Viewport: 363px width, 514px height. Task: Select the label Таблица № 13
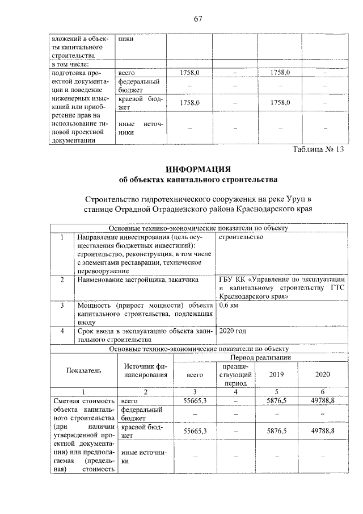coord(318,150)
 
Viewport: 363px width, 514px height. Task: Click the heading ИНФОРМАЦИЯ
coord(197,169)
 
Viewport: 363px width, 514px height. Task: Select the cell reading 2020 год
coord(234,331)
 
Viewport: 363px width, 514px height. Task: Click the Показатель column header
coord(83,370)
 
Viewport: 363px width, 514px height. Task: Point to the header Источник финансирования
coord(146,370)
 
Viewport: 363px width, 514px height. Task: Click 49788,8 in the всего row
coord(323,401)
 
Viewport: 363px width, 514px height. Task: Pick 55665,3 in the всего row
coord(195,401)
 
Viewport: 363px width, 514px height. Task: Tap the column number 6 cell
coord(323,392)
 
